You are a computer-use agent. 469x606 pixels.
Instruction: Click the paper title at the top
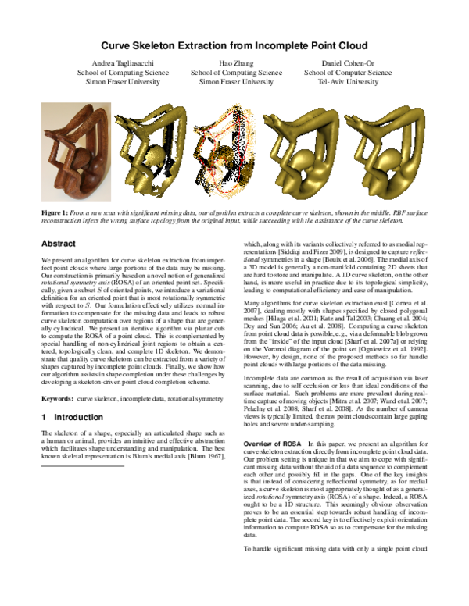coord(234,47)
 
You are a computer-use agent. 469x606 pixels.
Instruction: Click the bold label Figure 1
coord(55,212)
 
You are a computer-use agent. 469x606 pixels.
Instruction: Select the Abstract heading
coord(58,244)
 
